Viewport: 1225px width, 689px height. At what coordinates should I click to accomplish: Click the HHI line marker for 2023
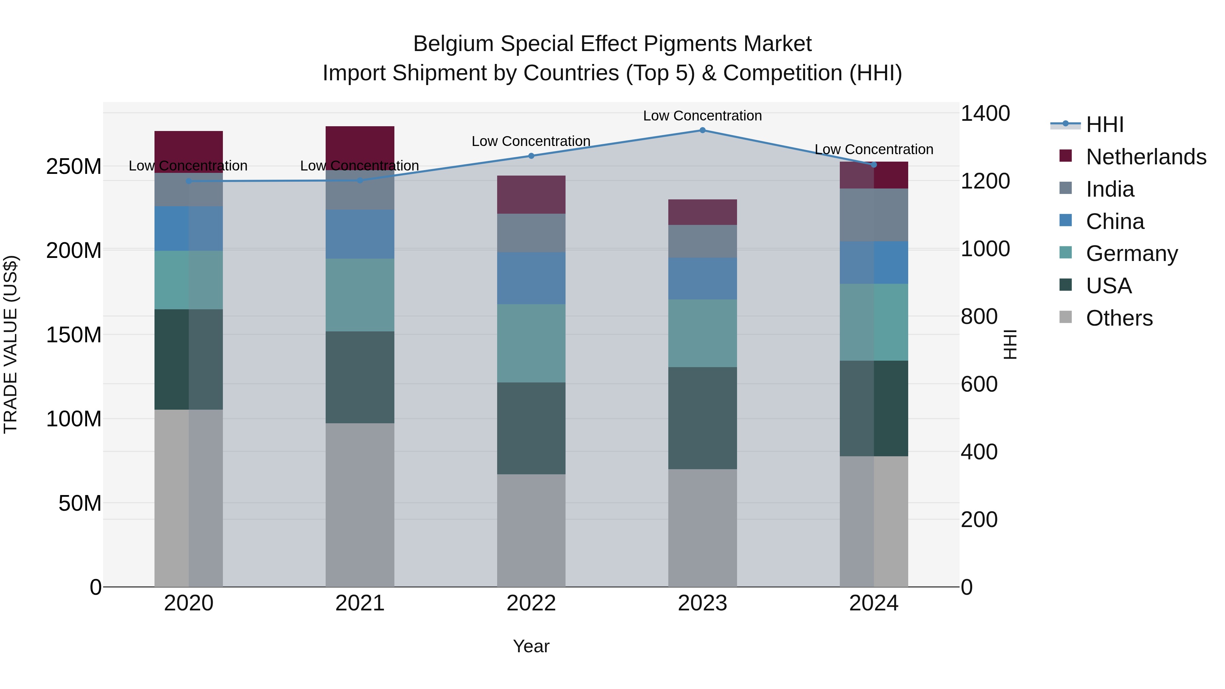coord(702,130)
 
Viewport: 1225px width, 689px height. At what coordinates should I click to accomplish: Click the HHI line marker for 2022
coord(531,156)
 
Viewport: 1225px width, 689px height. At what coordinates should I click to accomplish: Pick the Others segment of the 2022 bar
coord(531,530)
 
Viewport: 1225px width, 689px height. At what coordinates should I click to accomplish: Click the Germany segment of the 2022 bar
coord(531,343)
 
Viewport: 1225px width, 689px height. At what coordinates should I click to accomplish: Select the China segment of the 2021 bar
coord(360,234)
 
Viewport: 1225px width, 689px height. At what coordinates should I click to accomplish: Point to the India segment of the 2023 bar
coord(702,242)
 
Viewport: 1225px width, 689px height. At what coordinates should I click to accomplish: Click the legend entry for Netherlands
coord(1145,157)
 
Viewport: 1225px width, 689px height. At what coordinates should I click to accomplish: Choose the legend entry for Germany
coord(1131,253)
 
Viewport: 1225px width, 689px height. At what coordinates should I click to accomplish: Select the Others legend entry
coord(1118,318)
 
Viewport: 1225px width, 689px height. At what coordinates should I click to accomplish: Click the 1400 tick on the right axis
coord(985,114)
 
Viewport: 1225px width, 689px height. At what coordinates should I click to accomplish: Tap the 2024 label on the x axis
coord(873,603)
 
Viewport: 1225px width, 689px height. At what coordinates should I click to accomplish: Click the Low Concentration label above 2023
coord(702,116)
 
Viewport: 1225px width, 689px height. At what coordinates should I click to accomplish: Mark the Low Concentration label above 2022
coord(531,141)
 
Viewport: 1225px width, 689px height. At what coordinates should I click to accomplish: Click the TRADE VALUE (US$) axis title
coord(11,344)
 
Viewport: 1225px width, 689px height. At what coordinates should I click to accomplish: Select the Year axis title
coord(531,646)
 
